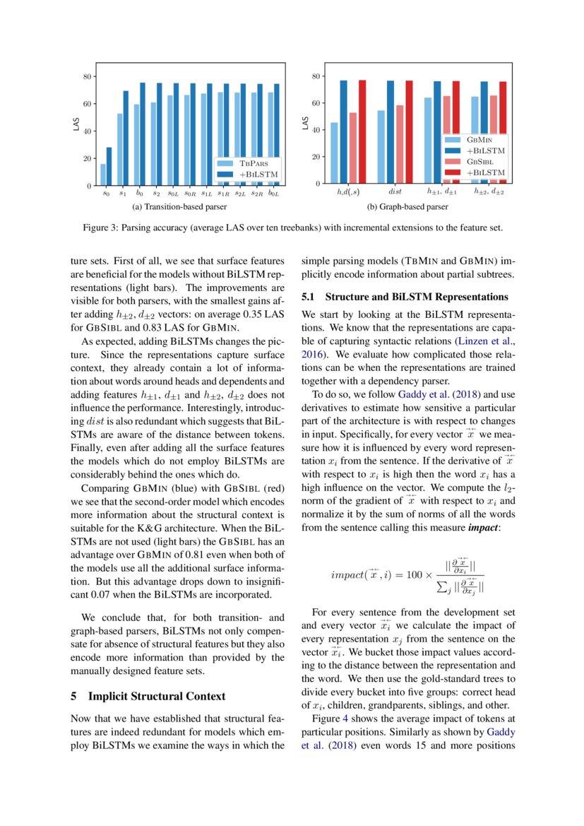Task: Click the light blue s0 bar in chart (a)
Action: [x=103, y=175]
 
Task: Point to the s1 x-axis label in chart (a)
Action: [x=123, y=192]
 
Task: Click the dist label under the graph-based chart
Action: [x=395, y=191]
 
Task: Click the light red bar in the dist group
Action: [x=400, y=144]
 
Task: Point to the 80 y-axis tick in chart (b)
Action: [x=316, y=76]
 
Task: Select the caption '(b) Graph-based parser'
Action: [x=407, y=208]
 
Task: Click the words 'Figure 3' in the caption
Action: [x=98, y=229]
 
